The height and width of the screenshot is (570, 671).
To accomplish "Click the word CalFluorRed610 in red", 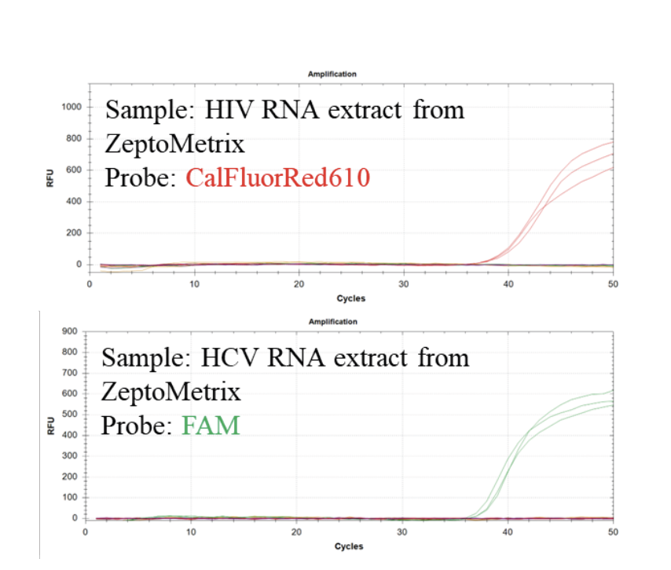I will tap(277, 178).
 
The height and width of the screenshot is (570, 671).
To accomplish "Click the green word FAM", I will tap(211, 426).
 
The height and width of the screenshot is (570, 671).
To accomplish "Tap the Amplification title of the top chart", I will tap(332, 74).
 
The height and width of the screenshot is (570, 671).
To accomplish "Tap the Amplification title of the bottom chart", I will tap(332, 322).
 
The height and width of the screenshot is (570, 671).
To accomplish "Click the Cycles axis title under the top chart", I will tap(350, 298).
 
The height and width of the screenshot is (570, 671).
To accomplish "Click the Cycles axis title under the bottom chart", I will tap(349, 546).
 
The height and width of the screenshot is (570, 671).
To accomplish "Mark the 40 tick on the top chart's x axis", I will tap(508, 283).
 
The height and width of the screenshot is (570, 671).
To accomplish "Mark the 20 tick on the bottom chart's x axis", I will tap(296, 532).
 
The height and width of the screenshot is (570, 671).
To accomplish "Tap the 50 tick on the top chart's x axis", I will tap(613, 283).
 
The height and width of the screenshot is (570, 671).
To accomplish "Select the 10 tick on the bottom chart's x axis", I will tap(191, 532).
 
